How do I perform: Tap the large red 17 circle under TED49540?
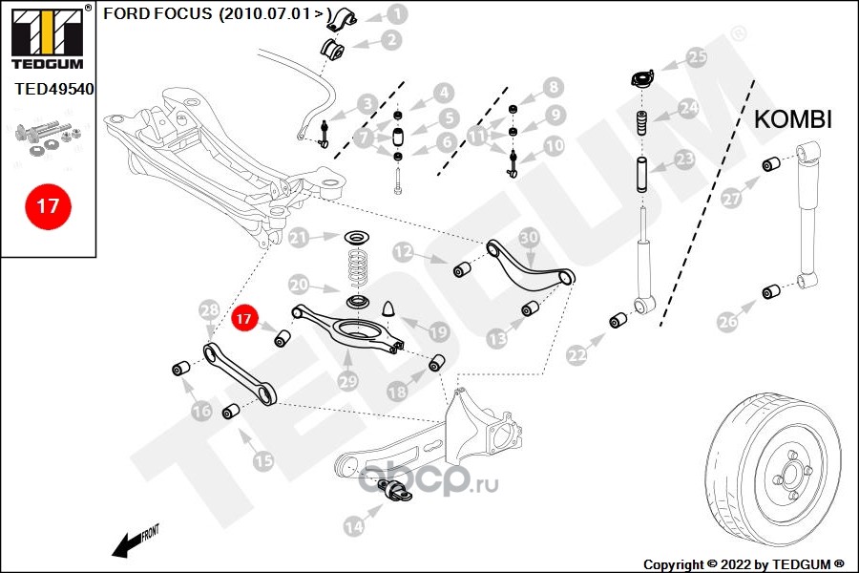48,205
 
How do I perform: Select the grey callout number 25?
698,56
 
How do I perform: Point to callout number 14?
354,524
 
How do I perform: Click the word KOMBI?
793,119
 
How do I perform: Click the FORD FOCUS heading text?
157,14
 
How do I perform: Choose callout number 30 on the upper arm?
529,236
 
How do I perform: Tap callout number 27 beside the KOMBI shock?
731,199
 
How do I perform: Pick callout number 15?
262,460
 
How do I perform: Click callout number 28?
210,308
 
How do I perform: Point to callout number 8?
552,88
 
